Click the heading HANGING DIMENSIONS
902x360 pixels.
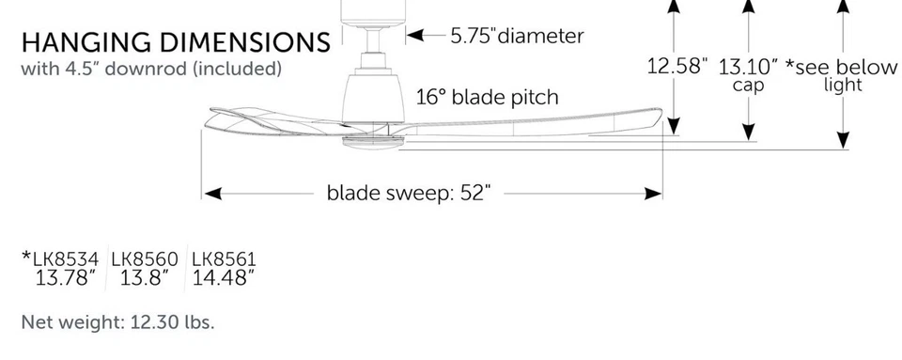tap(176, 43)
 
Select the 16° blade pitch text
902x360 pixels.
tap(487, 97)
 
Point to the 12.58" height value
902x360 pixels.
tap(676, 67)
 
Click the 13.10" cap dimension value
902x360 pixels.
tap(748, 67)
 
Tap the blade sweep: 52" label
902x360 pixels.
tap(409, 193)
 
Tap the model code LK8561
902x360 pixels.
tap(224, 258)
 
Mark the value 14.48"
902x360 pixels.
tap(224, 278)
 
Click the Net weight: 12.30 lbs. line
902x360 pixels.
tap(117, 322)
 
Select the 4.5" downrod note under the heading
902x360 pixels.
tap(151, 69)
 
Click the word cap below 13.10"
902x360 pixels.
tap(748, 86)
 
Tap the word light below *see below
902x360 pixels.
tap(842, 86)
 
